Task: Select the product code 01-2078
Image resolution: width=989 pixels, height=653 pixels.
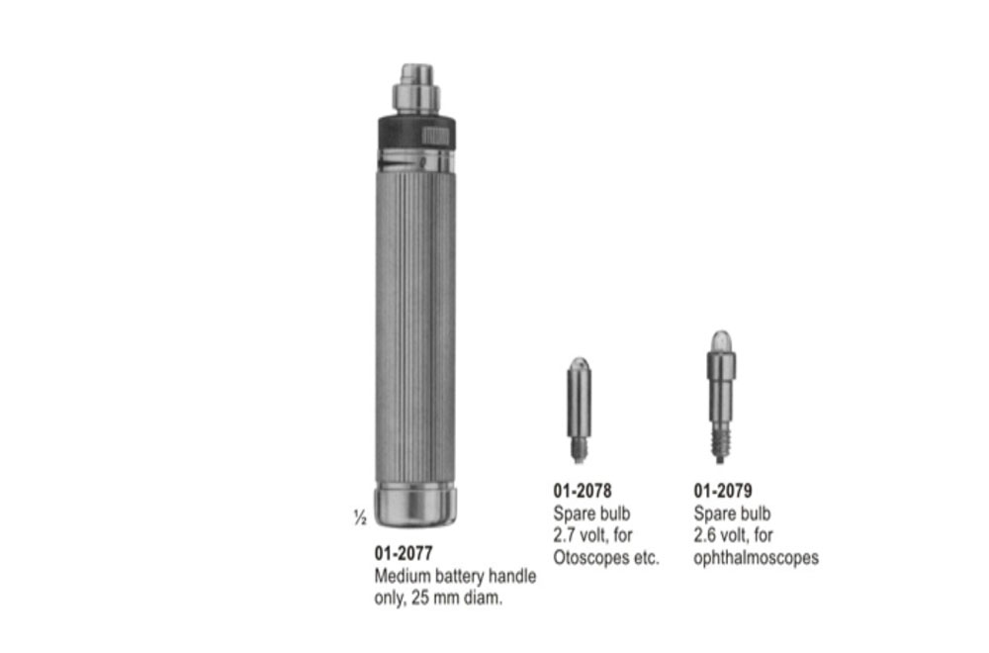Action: click(x=582, y=491)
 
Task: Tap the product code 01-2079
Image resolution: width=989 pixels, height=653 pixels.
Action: click(x=723, y=491)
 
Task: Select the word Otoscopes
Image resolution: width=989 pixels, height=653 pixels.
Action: click(x=591, y=558)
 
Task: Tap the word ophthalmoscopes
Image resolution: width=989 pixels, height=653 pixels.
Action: click(x=756, y=558)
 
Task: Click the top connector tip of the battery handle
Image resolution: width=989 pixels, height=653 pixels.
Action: click(x=415, y=74)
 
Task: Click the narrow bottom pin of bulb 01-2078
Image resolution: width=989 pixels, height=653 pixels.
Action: click(x=580, y=451)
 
